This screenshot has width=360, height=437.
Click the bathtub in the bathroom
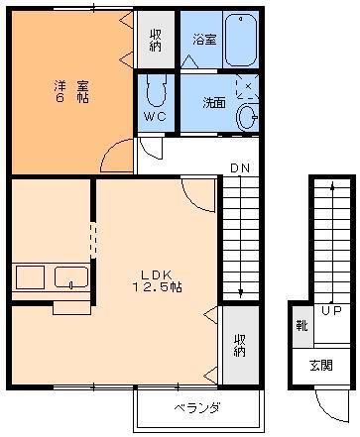[241, 40]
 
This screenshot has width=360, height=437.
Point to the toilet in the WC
[156, 94]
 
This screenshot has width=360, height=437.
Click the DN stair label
[239, 168]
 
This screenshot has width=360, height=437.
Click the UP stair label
[331, 311]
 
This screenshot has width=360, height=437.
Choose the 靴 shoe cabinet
[300, 325]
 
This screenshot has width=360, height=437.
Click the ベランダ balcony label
[196, 408]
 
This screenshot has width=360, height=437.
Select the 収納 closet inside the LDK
[239, 345]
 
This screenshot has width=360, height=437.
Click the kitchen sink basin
[71, 276]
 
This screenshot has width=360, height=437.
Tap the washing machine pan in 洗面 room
[247, 87]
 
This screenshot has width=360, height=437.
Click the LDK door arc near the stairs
[199, 193]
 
